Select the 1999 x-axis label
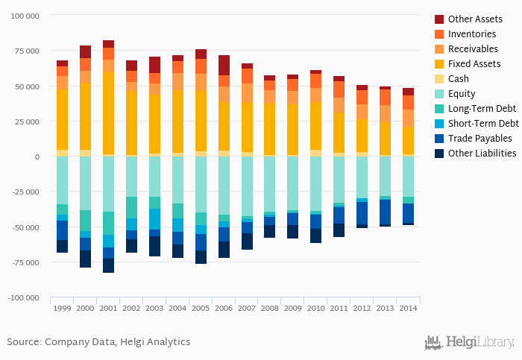(x=62, y=307)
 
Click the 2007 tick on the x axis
(x=247, y=307)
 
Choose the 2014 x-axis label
(x=408, y=307)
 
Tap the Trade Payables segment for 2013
(x=386, y=212)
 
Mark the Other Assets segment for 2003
(x=154, y=65)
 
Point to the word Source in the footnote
(x=22, y=342)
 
